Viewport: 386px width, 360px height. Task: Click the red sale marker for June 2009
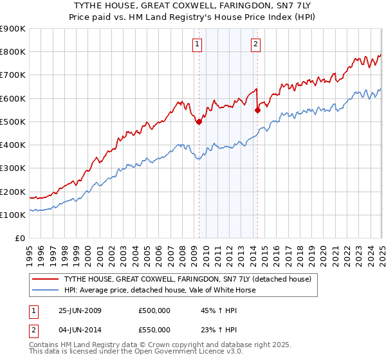pos(199,122)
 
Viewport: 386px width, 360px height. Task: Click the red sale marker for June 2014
pos(257,110)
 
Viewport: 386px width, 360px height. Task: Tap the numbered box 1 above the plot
pos(196,44)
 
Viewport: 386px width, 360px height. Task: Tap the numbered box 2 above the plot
pos(256,44)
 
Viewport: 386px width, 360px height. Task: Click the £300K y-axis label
pos(13,168)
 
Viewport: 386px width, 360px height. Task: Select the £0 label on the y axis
pos(19,239)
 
